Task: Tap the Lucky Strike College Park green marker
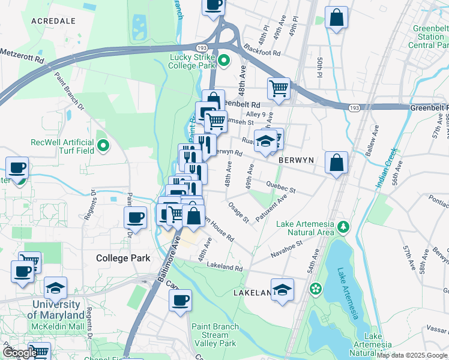224,60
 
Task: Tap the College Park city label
121,257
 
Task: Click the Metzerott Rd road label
22,60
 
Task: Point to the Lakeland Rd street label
224,266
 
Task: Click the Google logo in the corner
19,353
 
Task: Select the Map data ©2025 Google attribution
412,355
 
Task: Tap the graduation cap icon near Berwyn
265,140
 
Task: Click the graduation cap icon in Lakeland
282,289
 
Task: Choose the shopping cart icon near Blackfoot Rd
279,89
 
